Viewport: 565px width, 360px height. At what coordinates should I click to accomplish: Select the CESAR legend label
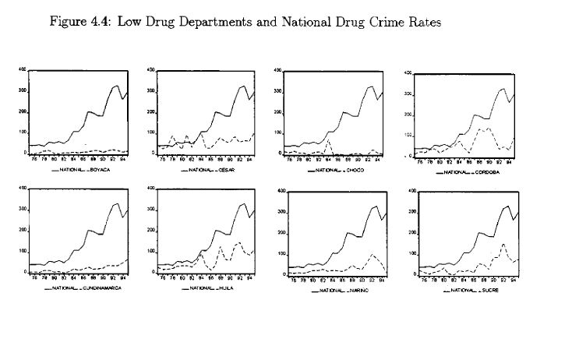224,168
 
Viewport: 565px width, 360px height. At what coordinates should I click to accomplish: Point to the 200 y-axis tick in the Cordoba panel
408,115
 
